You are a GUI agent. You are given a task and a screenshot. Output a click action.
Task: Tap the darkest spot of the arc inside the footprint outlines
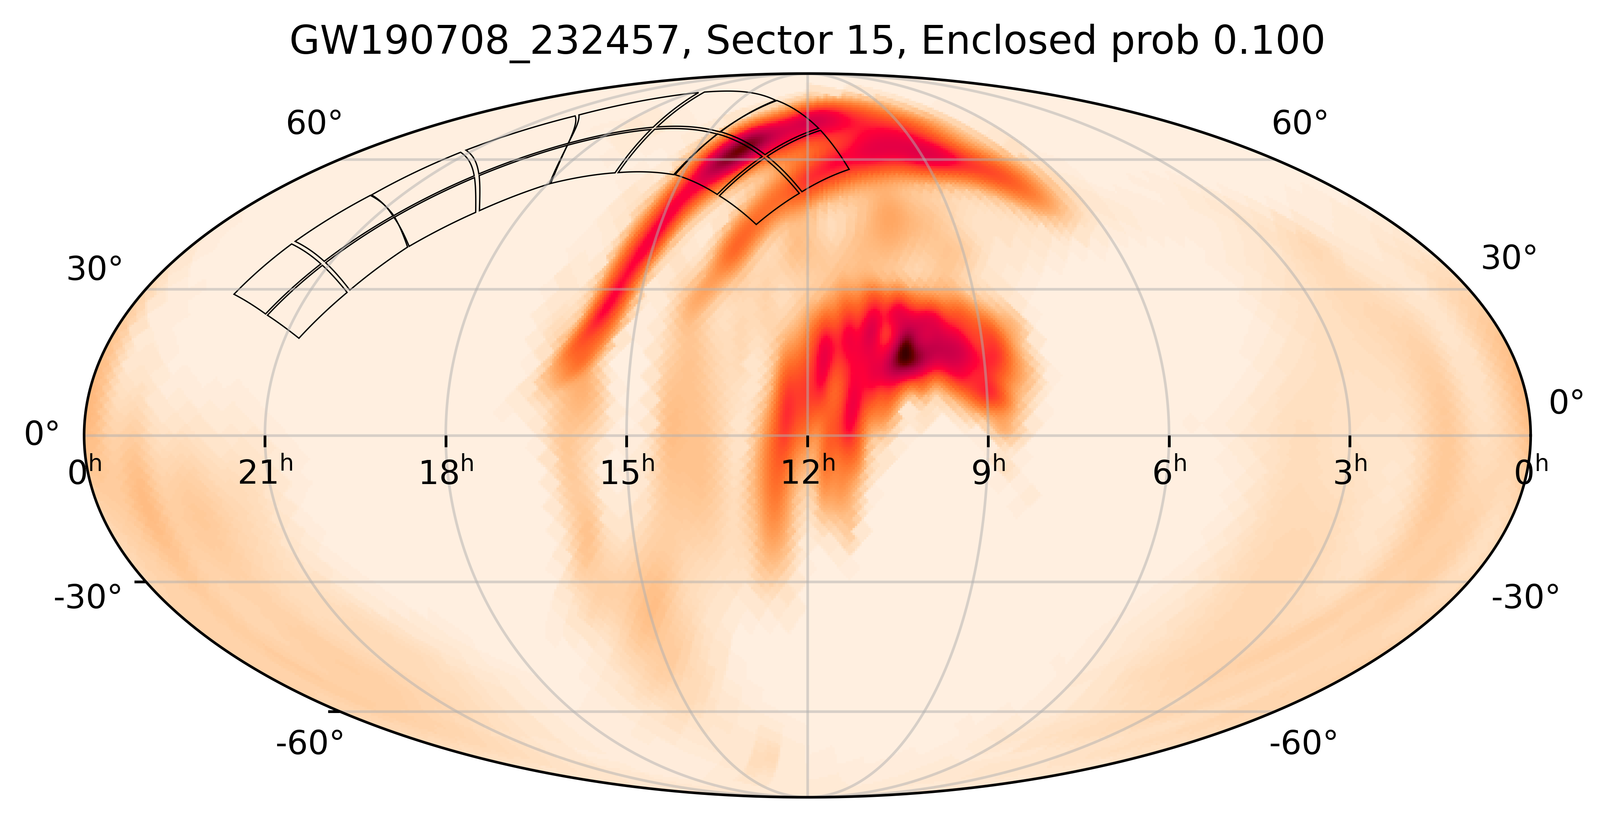pyautogui.click(x=740, y=149)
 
